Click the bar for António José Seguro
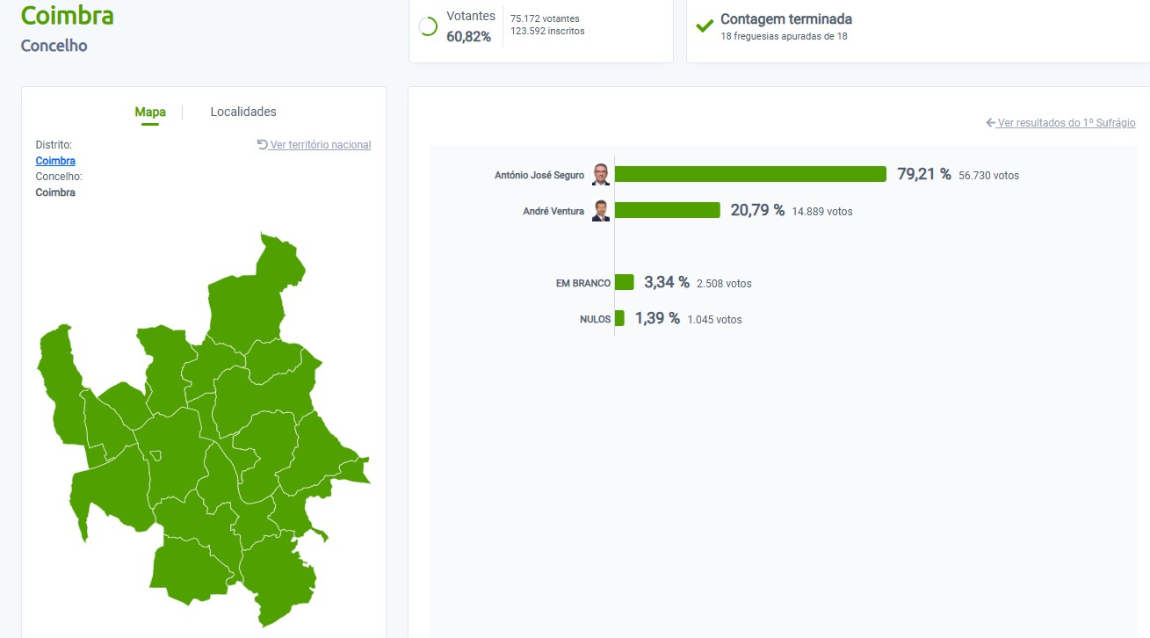coord(750,174)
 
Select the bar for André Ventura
coord(668,210)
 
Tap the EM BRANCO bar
coord(625,282)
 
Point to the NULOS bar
coord(620,318)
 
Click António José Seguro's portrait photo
coord(601,174)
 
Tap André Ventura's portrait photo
coord(601,211)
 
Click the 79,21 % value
coord(923,174)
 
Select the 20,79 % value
coord(757,210)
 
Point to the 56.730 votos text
coord(989,176)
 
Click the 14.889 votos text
coord(822,212)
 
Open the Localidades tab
coord(243,112)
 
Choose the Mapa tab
coord(150,112)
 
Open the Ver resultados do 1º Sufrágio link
coord(1066,123)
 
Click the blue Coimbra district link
coord(55,161)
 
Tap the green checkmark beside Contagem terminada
coord(705,25)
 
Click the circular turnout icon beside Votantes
coord(429,26)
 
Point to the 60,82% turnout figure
coord(469,36)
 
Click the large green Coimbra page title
coord(67,15)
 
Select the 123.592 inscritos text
coord(547,32)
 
